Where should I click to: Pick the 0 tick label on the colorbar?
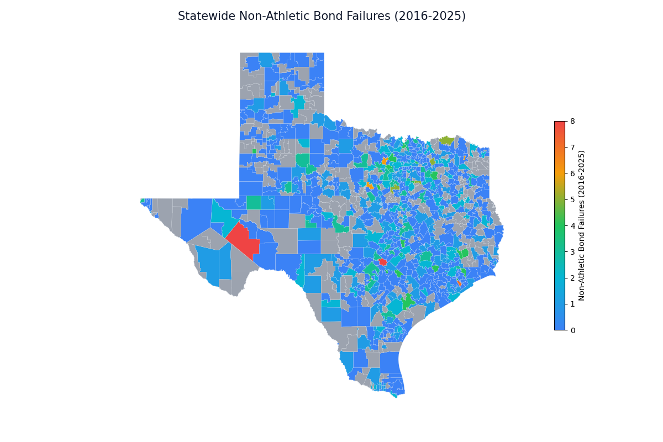573,330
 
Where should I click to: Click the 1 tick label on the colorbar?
573,304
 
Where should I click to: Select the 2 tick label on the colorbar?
573,278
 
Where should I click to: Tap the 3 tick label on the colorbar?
573,252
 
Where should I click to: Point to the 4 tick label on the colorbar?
573,226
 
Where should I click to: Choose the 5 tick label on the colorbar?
573,199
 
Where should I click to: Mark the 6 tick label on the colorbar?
573,173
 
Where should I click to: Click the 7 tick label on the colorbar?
573,148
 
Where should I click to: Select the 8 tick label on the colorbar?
573,121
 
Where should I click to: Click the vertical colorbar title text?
582,225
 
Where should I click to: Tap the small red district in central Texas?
382,262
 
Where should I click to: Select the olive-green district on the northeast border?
447,140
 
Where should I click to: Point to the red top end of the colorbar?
560,124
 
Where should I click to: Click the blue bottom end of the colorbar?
560,327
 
